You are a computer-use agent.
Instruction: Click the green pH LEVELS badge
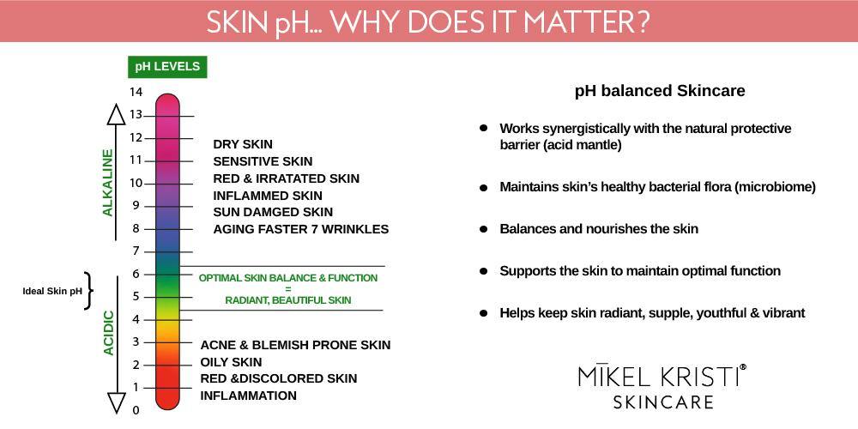tap(167, 67)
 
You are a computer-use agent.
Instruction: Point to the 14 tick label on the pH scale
tap(136, 92)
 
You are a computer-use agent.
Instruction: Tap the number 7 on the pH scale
tap(136, 251)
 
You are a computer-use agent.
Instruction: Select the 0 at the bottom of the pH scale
tap(136, 410)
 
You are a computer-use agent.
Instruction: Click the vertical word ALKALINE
tap(108, 182)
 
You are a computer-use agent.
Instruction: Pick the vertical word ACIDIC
tap(108, 333)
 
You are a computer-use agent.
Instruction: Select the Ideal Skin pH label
tap(52, 291)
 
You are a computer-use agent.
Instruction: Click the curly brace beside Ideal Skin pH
tap(88, 291)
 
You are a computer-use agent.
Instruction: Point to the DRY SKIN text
tap(243, 144)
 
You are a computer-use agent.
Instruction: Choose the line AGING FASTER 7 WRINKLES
tap(300, 229)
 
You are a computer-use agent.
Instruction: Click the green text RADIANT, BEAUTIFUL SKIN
tap(288, 300)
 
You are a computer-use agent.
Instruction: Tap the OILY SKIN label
tap(231, 362)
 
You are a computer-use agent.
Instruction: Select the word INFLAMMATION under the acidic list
tap(248, 396)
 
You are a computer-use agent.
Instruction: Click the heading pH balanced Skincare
tap(659, 90)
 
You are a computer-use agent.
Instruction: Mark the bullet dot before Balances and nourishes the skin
tap(483, 229)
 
